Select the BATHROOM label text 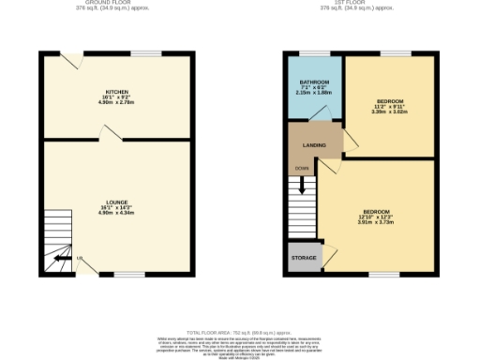pos(314,83)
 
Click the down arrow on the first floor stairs pos(303,184)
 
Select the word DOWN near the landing pos(302,169)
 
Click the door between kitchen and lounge pos(111,136)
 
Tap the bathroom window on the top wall pos(315,53)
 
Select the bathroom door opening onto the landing pos(320,114)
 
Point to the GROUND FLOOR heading pos(117,3)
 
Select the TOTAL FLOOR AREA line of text pos(239,333)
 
